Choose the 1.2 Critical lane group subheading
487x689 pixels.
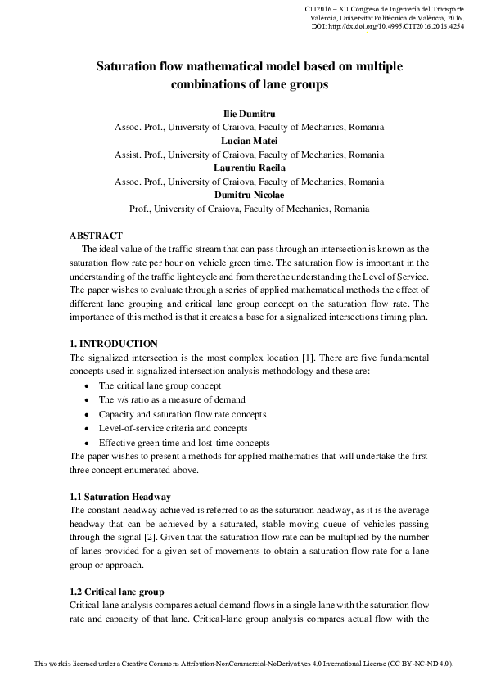coord(117,591)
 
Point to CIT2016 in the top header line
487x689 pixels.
coord(318,7)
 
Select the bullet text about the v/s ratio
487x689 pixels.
coord(172,399)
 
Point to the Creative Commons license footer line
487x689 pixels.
coord(243,663)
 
